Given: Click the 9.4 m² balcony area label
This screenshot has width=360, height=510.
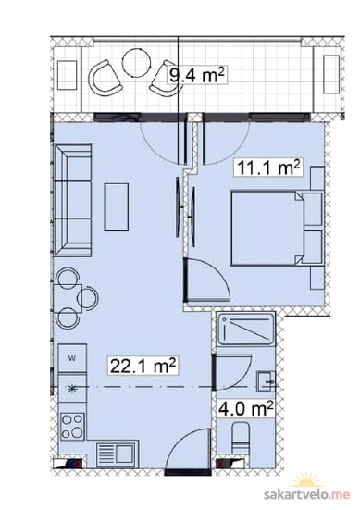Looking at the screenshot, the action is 196,76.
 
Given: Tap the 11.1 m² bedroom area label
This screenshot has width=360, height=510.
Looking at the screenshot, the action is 268,168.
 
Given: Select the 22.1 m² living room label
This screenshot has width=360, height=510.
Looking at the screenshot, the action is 143,366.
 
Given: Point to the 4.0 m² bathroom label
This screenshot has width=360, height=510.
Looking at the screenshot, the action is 245,408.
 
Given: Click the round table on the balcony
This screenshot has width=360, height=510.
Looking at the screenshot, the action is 137,63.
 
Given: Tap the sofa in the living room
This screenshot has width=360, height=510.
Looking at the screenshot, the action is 73,200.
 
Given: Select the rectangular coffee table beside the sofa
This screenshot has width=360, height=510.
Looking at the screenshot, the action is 116,207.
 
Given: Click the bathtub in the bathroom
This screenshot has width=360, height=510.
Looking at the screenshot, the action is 246,330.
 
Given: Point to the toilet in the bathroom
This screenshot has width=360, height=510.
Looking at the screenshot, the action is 241,438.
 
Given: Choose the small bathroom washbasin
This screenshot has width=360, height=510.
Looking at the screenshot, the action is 266,380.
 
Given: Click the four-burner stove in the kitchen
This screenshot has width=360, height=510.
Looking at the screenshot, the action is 72,427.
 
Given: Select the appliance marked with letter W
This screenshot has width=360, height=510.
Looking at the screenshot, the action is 72,358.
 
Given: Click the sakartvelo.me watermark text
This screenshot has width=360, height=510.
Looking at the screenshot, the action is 307,494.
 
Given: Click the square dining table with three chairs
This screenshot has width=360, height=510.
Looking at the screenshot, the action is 68,298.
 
